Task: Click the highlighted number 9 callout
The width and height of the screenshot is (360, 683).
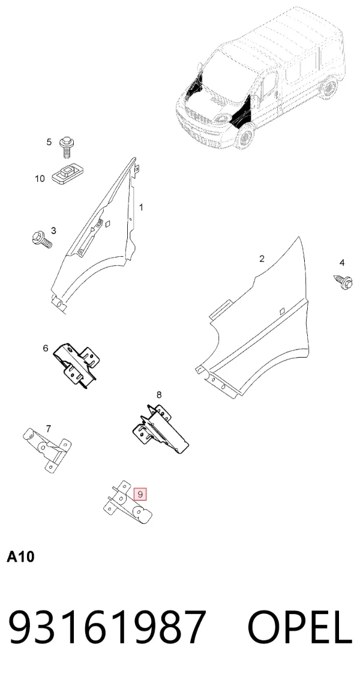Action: (x=140, y=495)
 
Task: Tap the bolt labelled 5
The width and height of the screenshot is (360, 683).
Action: (x=67, y=147)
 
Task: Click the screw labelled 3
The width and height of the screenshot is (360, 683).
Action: (x=42, y=239)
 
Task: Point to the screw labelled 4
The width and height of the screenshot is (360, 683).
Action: (x=343, y=280)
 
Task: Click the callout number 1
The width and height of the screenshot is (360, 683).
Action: (x=141, y=207)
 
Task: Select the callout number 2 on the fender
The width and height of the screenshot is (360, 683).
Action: (x=262, y=259)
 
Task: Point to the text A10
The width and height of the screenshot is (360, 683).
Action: (x=20, y=557)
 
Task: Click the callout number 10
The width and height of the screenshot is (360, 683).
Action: (x=40, y=179)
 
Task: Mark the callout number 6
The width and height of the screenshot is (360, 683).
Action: (x=46, y=349)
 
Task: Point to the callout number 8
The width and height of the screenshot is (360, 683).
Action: (x=159, y=395)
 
